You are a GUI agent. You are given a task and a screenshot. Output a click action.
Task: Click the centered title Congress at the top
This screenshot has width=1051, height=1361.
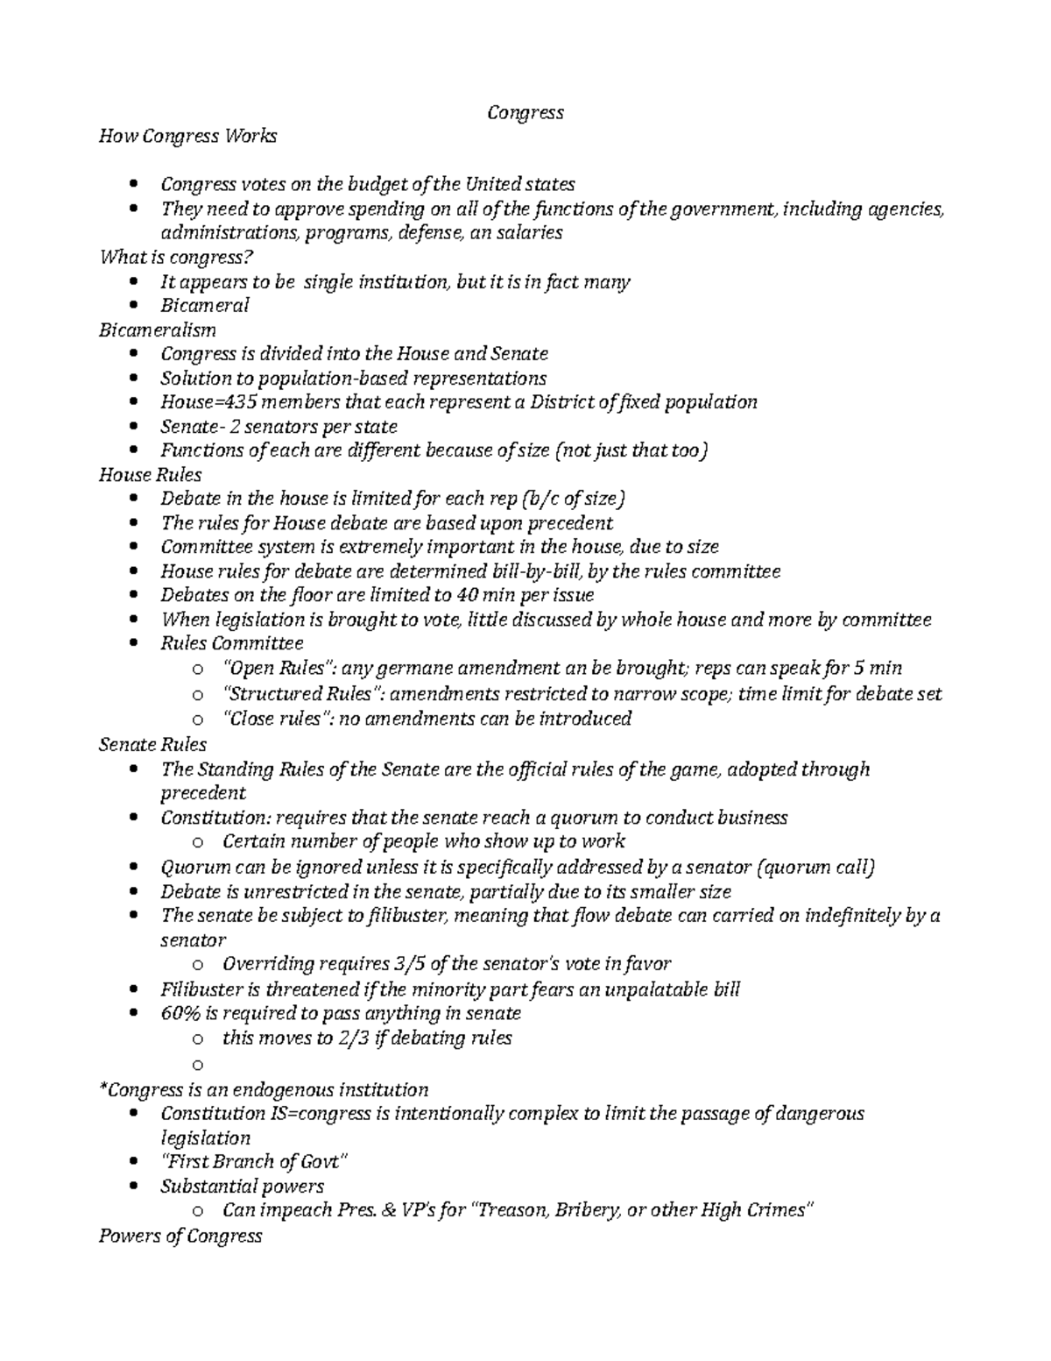[x=525, y=112]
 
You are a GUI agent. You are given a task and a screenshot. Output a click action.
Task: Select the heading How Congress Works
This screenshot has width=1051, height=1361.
[x=187, y=136]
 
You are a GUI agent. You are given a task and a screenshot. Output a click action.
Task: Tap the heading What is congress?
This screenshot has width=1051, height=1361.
[x=180, y=257]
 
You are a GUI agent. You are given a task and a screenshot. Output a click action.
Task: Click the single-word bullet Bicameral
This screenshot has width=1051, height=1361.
[x=205, y=305]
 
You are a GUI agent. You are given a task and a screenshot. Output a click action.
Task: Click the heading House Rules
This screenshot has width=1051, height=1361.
[x=151, y=475]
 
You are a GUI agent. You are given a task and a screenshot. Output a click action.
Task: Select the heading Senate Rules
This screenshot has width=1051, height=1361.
[x=152, y=745]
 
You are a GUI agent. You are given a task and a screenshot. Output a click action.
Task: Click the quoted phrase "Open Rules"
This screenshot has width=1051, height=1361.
[x=277, y=669]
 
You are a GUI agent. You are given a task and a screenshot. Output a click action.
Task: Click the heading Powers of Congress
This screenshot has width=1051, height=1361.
[x=180, y=1236]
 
